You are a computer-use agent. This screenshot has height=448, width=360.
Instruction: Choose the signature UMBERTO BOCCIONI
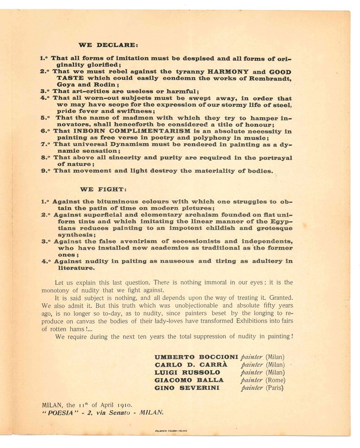[x=196, y=358]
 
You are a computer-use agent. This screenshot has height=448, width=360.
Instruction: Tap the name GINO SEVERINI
[x=187, y=388]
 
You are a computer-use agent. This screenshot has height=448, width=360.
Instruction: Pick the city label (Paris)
[x=275, y=388]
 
